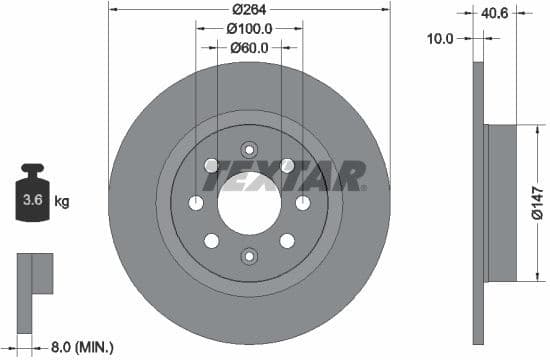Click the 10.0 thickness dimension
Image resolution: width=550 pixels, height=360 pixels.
pyautogui.click(x=440, y=38)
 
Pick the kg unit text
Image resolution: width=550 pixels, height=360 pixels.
pyautogui.click(x=62, y=202)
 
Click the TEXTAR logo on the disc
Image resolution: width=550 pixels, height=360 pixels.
pyautogui.click(x=289, y=177)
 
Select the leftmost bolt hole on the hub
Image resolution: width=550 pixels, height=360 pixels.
pyautogui.click(x=195, y=203)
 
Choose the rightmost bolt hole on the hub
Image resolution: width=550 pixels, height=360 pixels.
pyautogui.click(x=302, y=203)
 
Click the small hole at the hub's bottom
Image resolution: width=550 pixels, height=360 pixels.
pyautogui.click(x=248, y=257)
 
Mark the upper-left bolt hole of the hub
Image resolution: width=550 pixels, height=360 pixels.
pyautogui.click(x=210, y=165)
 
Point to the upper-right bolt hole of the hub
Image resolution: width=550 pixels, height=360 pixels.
pyautogui.click(x=287, y=165)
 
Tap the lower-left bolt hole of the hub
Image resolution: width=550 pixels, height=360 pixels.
pyautogui.click(x=210, y=241)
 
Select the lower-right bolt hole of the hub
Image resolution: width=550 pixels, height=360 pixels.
pyautogui.click(x=287, y=241)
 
